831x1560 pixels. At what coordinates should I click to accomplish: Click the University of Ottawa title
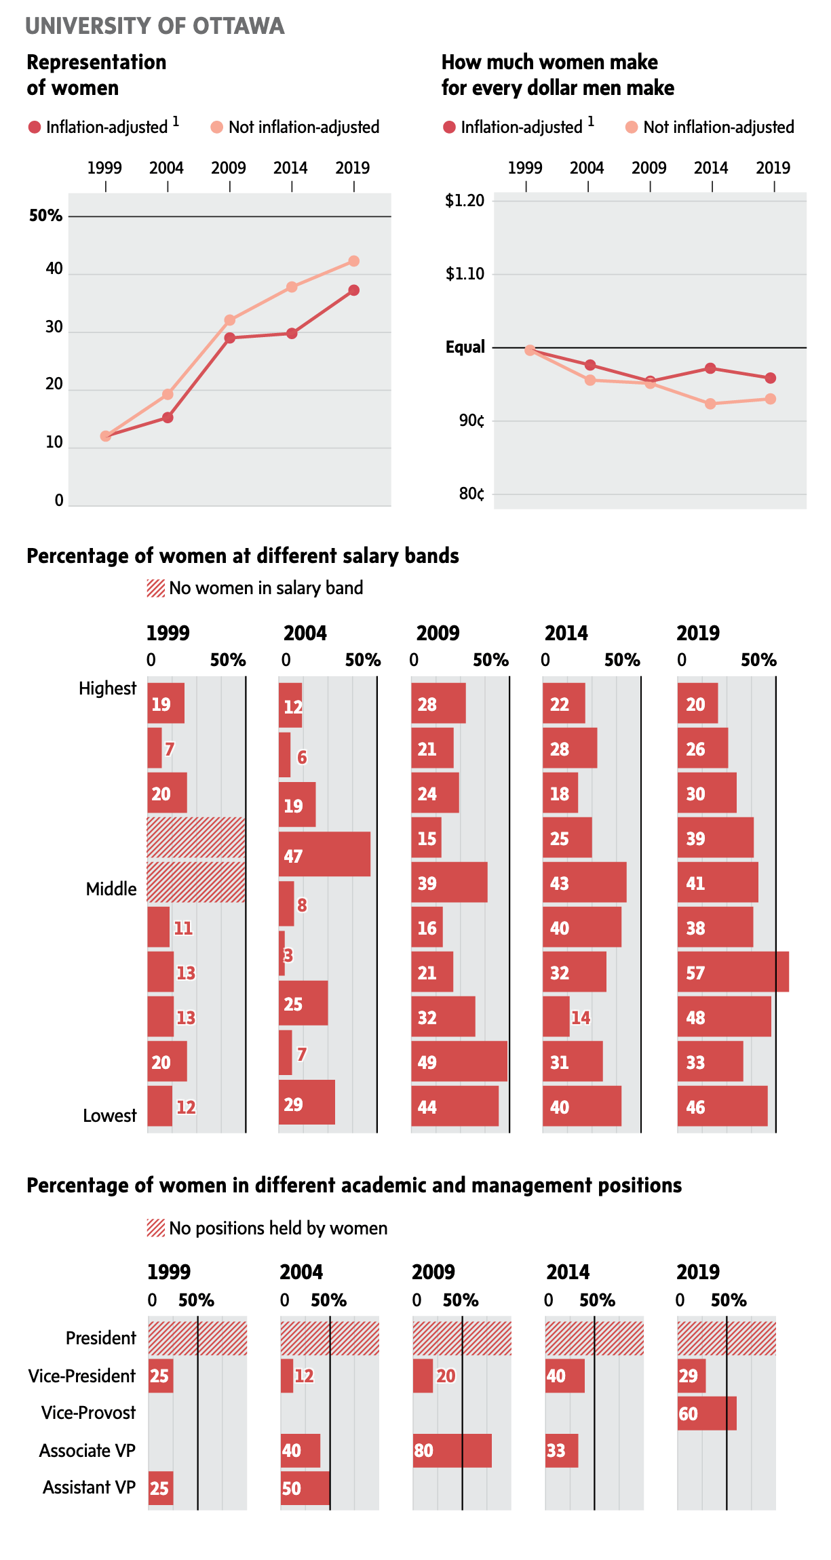tap(155, 26)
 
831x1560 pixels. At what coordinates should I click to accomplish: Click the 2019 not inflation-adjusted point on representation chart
tap(353, 261)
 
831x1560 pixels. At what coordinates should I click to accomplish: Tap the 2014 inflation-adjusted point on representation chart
tap(292, 334)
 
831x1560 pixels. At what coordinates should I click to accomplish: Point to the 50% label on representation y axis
tap(45, 216)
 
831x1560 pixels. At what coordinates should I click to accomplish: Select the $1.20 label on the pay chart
tap(465, 201)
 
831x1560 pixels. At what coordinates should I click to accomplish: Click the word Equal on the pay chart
tap(465, 347)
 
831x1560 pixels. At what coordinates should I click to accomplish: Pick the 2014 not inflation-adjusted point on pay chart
tap(710, 404)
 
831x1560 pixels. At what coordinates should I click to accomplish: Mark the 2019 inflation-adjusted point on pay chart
tap(771, 378)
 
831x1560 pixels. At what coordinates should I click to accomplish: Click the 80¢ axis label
tap(471, 494)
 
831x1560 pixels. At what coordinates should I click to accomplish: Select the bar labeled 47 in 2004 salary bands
tap(324, 855)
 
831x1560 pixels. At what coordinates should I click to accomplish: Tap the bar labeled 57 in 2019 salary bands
tap(733, 972)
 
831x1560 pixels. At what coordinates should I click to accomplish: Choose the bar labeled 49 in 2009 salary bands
tap(459, 1061)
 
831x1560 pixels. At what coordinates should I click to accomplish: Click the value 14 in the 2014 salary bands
tap(580, 1017)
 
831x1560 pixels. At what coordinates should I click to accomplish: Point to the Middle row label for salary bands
tap(111, 889)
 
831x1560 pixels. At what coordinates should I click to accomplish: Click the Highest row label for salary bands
tap(107, 688)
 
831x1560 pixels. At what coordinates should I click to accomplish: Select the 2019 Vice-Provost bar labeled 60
tap(707, 1413)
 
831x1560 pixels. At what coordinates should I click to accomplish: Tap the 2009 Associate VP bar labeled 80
tap(452, 1451)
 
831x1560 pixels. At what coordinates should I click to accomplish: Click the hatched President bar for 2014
tap(594, 1338)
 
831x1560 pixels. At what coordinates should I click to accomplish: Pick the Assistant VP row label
tap(89, 1487)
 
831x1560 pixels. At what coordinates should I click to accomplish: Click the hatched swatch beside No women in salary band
tap(156, 588)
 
